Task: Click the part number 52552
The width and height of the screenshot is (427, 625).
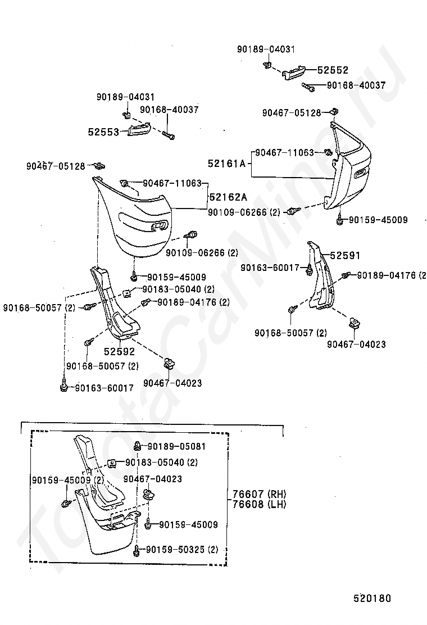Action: [333, 70]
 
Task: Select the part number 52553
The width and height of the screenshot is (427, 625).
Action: [103, 132]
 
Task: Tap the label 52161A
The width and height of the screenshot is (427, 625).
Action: [226, 164]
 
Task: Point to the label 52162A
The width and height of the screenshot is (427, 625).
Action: [228, 197]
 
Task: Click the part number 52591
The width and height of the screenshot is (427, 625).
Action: [345, 256]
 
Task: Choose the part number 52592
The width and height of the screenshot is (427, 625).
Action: [120, 352]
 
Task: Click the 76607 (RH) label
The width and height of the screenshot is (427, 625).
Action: [260, 494]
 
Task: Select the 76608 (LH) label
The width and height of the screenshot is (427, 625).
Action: [260, 504]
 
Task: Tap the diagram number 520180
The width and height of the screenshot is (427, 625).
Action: [373, 598]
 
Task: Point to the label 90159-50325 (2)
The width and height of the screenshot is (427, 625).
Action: [182, 550]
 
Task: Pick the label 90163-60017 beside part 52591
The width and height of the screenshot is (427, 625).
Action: [270, 268]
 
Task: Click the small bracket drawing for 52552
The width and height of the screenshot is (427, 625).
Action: [295, 73]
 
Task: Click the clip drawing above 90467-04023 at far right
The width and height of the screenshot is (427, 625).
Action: [354, 323]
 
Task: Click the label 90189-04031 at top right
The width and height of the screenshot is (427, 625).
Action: [266, 49]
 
